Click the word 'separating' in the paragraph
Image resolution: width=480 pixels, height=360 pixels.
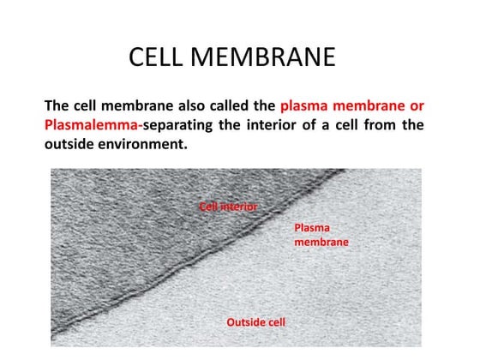point(182,126)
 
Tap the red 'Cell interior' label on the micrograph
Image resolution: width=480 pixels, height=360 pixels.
point(228,207)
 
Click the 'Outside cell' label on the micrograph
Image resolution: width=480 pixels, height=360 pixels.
point(255,322)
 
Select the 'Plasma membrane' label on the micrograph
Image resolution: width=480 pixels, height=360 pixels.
point(321,235)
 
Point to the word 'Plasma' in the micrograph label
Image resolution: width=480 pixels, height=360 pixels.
point(312,228)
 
